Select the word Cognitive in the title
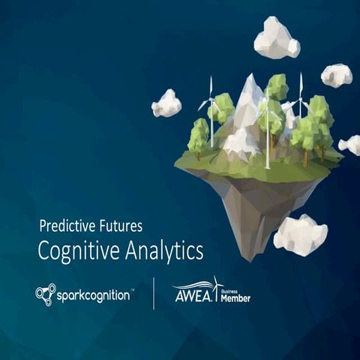click(77, 250)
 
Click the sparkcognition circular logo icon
click(45, 294)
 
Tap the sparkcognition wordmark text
click(94, 295)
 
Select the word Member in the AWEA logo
click(235, 298)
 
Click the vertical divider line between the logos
click(154, 293)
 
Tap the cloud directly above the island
click(276, 38)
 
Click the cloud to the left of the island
click(166, 103)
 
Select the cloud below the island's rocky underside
click(300, 234)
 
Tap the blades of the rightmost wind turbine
click(301, 93)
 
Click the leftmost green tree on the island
click(198, 135)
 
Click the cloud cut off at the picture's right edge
click(350, 145)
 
